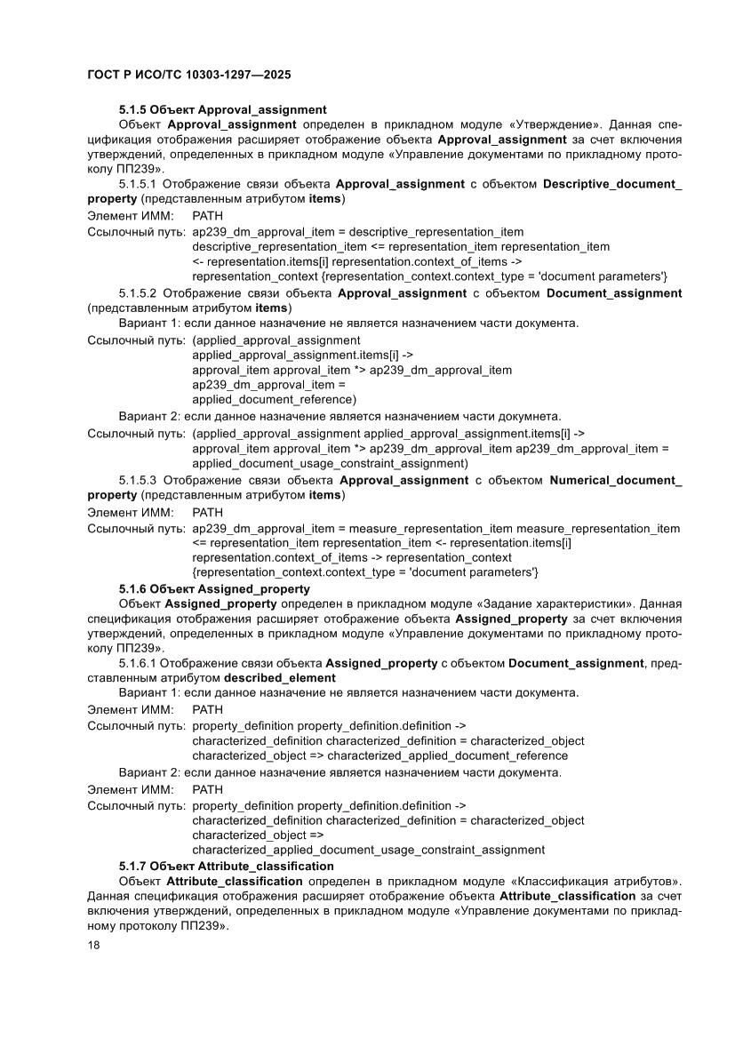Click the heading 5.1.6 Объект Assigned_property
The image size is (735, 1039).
tap(214, 588)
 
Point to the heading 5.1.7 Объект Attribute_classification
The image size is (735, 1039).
tap(227, 866)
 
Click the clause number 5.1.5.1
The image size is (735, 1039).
tap(138, 184)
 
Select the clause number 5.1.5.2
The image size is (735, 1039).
tap(138, 292)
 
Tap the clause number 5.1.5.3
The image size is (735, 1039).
tap(138, 480)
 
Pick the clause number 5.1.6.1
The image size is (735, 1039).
tap(138, 663)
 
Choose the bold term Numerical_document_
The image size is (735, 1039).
tap(616, 480)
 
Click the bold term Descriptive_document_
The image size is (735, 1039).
tap(612, 184)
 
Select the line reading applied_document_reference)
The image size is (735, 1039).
tap(274, 399)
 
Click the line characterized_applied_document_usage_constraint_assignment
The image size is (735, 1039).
tap(368, 850)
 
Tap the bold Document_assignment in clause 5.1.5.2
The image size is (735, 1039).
tap(614, 292)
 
